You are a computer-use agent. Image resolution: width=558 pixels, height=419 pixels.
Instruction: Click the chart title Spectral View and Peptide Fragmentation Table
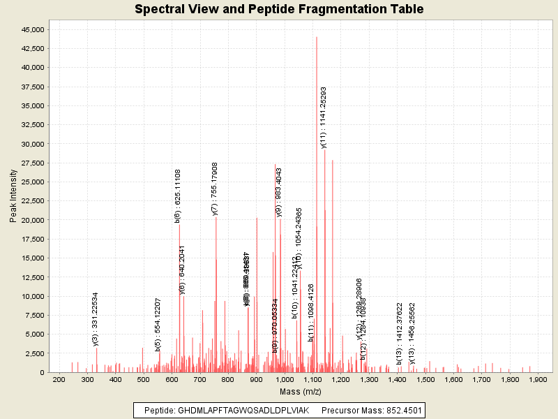pyautogui.click(x=279, y=10)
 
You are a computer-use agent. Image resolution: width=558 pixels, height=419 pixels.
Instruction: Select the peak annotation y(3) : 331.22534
pyautogui.click(x=96, y=319)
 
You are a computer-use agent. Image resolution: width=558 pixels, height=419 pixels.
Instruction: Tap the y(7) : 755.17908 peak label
pyautogui.click(x=215, y=189)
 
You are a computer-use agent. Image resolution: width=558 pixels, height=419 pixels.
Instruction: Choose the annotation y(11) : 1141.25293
pyautogui.click(x=324, y=118)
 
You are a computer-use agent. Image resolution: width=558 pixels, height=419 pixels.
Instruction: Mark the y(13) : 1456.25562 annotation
pyautogui.click(x=412, y=333)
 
